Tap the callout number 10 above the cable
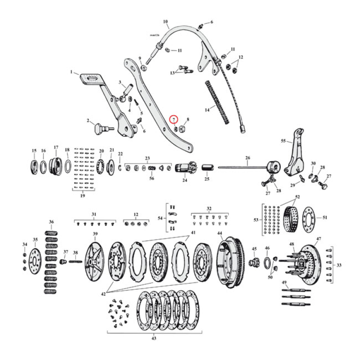click(x=165, y=21)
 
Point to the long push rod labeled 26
click(x=243, y=168)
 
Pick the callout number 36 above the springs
click(x=51, y=222)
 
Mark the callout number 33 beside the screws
click(x=339, y=265)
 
